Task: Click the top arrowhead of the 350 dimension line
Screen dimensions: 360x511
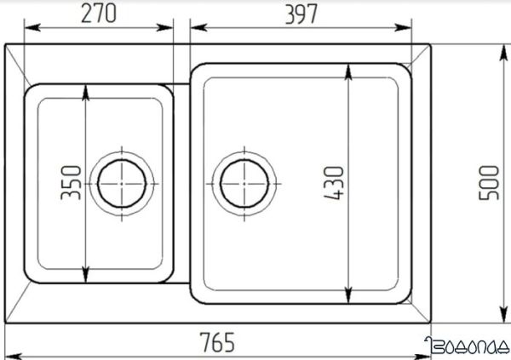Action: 86,89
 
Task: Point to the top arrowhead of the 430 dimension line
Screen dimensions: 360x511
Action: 348,68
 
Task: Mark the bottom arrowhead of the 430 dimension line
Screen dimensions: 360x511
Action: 348,298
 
